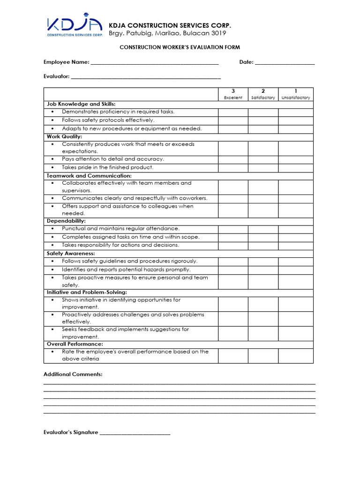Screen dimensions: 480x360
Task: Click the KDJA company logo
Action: pyautogui.click(x=74, y=27)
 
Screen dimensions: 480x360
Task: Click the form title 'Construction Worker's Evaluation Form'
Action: pyautogui.click(x=180, y=47)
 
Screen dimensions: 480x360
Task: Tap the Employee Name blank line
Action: pyautogui.click(x=154, y=62)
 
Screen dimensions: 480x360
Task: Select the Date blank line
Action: pyautogui.click(x=285, y=62)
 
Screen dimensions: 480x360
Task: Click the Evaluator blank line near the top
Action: pyautogui.click(x=146, y=77)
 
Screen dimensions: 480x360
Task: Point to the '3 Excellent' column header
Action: pyautogui.click(x=233, y=94)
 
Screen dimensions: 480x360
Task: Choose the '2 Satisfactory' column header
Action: pyautogui.click(x=263, y=94)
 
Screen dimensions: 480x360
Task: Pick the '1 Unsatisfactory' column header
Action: pyautogui.click(x=296, y=94)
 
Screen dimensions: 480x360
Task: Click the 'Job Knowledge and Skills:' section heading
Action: pyautogui.click(x=81, y=104)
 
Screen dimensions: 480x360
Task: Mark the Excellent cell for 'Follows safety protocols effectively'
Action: pyautogui.click(x=233, y=120)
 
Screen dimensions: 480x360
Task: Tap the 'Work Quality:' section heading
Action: pyautogui.click(x=64, y=136)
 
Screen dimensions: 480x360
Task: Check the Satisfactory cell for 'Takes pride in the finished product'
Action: pyautogui.click(x=263, y=168)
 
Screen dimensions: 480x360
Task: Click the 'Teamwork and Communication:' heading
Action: pyautogui.click(x=89, y=175)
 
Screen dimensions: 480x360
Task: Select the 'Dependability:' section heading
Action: pyautogui.click(x=66, y=221)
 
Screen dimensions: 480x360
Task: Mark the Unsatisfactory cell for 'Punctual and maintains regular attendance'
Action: pyautogui.click(x=296, y=229)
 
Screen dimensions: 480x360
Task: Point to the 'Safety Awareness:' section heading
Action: pyautogui.click(x=71, y=253)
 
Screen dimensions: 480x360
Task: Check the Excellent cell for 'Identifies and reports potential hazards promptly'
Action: pyautogui.click(x=233, y=270)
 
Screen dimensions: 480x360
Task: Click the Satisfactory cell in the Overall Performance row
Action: pyautogui.click(x=263, y=356)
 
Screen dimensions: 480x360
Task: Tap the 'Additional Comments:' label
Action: pyautogui.click(x=73, y=374)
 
